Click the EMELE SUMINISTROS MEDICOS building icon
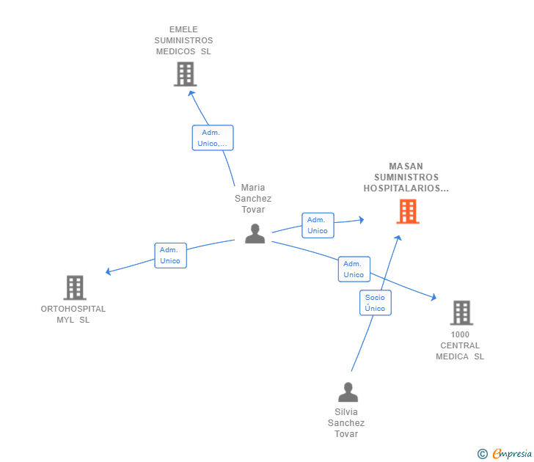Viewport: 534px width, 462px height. click(185, 74)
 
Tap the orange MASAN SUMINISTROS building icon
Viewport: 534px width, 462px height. click(407, 211)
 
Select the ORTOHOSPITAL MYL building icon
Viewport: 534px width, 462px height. click(75, 287)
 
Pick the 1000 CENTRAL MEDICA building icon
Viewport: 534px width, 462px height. click(461, 313)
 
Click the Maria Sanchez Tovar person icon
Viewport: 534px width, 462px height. click(255, 233)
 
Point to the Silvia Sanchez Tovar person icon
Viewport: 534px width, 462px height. click(348, 392)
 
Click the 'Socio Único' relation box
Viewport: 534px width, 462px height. click(375, 303)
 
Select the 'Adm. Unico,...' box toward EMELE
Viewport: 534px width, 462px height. click(213, 138)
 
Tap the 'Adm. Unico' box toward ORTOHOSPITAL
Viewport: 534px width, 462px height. click(170, 255)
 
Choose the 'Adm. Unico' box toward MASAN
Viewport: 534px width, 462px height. click(318, 225)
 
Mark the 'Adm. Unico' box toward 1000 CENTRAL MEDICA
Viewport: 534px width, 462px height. click(354, 269)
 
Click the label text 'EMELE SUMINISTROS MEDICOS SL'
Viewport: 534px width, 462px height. click(184, 40)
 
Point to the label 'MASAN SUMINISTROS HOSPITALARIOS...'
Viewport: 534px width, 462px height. click(406, 177)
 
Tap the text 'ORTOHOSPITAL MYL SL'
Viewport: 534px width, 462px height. click(73, 314)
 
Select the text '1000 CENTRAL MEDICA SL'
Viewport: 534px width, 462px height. click(460, 345)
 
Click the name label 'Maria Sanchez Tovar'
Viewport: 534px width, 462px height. click(253, 199)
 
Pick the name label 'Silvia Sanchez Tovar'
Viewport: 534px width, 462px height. click(346, 423)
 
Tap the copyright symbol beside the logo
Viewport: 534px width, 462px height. click(483, 455)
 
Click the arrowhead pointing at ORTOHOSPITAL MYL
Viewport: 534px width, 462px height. click(109, 272)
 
